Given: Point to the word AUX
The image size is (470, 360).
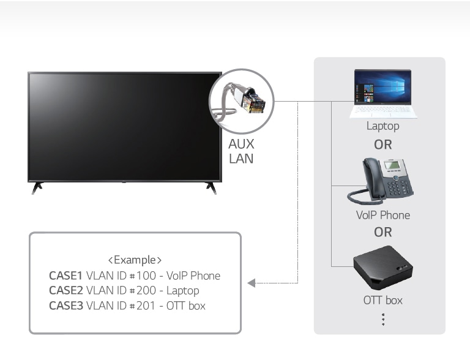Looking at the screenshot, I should (x=241, y=144).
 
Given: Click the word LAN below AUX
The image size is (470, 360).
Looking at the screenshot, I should (x=241, y=159).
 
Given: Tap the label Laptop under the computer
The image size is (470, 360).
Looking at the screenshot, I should (x=382, y=126).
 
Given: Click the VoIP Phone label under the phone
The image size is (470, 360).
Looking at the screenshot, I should (x=383, y=215).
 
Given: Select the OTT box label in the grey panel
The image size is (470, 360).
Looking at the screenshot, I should (x=382, y=300).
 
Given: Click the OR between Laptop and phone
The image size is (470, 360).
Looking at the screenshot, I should (x=383, y=144).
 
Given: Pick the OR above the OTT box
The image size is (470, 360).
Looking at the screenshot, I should (x=383, y=232).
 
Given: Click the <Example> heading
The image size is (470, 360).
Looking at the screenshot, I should (x=135, y=260).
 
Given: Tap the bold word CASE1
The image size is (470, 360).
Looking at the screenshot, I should (x=65, y=276).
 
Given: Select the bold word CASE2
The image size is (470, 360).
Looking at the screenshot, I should (x=65, y=290).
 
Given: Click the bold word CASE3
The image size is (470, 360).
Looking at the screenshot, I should (x=65, y=305).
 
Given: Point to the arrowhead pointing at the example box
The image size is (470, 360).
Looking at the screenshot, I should (x=251, y=283).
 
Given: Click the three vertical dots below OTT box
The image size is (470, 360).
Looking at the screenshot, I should (x=382, y=319).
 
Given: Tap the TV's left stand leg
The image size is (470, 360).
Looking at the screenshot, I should (x=38, y=187).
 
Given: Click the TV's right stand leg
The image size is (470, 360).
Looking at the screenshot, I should (x=211, y=187).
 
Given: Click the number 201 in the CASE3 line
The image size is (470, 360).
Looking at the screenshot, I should (x=146, y=305).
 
